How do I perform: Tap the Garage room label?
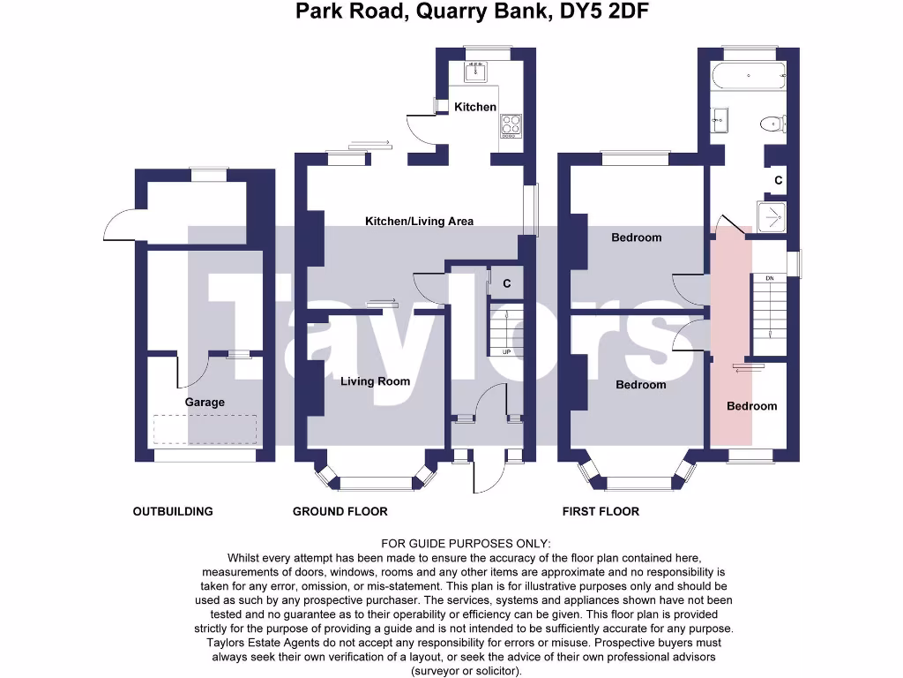(x=205, y=403)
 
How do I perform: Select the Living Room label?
(x=376, y=381)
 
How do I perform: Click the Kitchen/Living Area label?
(x=420, y=221)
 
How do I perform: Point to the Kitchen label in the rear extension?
(x=475, y=107)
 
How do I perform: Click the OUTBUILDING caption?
(x=173, y=511)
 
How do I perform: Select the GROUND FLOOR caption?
(x=340, y=511)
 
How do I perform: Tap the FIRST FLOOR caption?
(x=601, y=511)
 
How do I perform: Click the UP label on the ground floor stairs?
(x=506, y=352)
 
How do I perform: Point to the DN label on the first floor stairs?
(x=769, y=279)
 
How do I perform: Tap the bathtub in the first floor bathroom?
(x=749, y=76)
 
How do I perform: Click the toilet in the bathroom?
(x=773, y=124)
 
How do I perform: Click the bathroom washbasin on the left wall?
(x=720, y=119)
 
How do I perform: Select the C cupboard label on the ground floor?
(x=507, y=284)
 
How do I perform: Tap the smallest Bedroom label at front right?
(x=752, y=406)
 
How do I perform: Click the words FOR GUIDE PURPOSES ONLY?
(x=466, y=544)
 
